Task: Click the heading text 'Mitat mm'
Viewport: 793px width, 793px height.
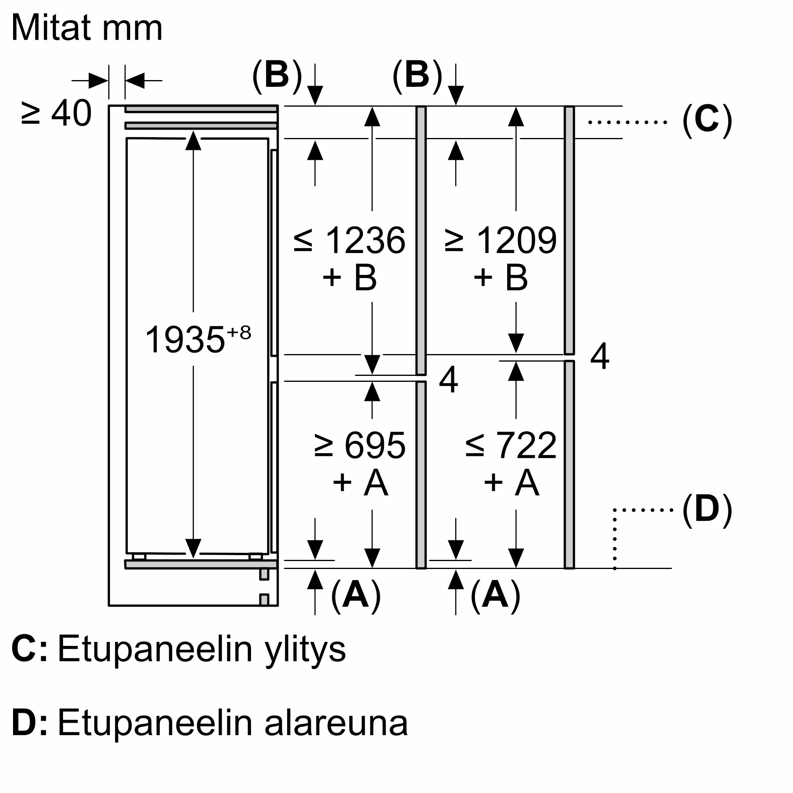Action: (87, 28)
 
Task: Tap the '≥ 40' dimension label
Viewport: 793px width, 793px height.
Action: (56, 113)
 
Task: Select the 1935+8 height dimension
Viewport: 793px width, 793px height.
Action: (198, 339)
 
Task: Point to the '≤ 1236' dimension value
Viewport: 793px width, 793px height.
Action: (349, 240)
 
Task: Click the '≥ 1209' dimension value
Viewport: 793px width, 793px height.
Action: (500, 240)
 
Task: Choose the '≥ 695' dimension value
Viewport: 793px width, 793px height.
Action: (360, 445)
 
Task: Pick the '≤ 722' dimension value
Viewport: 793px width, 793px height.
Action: (511, 445)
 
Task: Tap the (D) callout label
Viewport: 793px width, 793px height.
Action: (707, 510)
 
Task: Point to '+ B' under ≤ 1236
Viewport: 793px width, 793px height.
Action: (349, 278)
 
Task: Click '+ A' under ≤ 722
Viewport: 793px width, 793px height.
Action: (511, 483)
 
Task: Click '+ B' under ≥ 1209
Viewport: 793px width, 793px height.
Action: (500, 278)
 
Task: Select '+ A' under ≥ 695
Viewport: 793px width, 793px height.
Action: (360, 483)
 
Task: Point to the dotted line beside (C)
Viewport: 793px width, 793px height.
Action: (628, 122)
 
